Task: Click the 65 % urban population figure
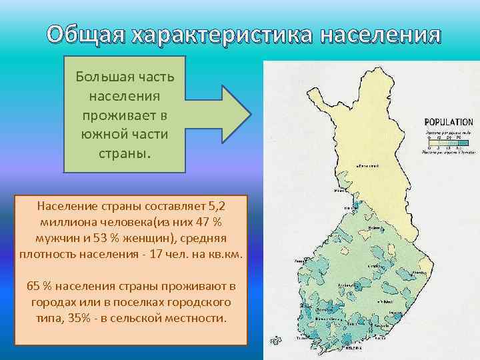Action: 39,287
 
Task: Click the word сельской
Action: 154,318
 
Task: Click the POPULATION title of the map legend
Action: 448,123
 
